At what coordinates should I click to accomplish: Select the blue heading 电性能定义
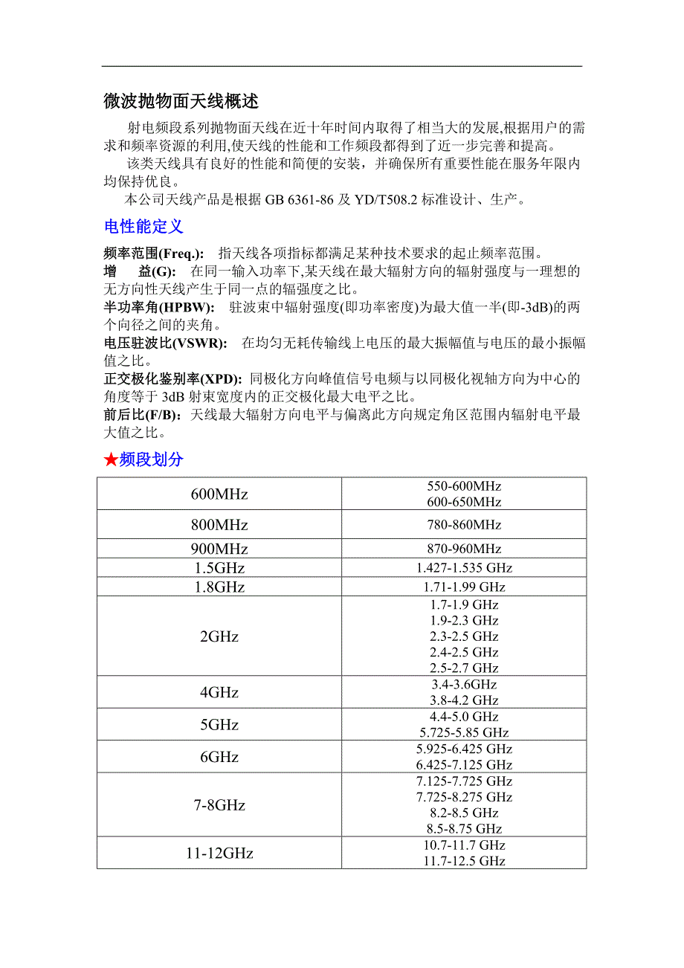coord(143,227)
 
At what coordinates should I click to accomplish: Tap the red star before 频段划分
coord(111,460)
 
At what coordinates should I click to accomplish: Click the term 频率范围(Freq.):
coord(154,254)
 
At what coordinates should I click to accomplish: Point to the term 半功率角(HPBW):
coord(159,308)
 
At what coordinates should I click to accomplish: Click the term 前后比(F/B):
coord(144,415)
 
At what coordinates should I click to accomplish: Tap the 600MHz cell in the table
coord(219,494)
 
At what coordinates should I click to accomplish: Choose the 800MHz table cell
coord(219,525)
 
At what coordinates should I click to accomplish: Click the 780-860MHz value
coord(464,525)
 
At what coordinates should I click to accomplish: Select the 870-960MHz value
coord(464,549)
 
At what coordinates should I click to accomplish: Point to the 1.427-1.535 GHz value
coord(464,568)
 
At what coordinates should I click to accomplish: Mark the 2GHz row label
coord(219,637)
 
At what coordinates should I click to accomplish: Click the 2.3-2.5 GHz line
coord(464,636)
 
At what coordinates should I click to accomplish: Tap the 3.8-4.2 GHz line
coord(464,700)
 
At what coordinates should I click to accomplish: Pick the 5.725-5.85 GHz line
coord(464,733)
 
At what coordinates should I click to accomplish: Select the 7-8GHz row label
coord(219,805)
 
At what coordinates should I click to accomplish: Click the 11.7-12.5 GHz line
coord(464,861)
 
